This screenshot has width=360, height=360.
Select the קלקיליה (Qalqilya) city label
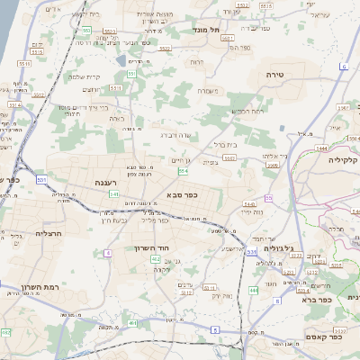pyautogui.click(x=343, y=160)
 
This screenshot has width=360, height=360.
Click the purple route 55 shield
pyautogui.click(x=268, y=198)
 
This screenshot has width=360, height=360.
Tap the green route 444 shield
pyautogui.click(x=253, y=290)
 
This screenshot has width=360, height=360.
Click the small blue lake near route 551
pyautogui.click(x=121, y=60)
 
